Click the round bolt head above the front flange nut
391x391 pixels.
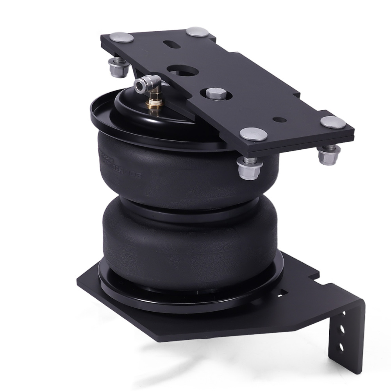(x=254, y=135)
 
